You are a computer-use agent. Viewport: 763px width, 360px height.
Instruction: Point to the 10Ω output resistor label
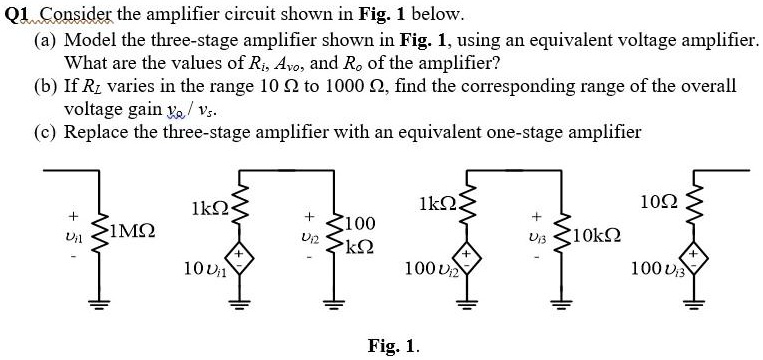(x=667, y=207)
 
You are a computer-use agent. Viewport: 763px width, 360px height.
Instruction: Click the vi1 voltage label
(x=71, y=236)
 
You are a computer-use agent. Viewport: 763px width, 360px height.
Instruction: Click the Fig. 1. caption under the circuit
(x=393, y=346)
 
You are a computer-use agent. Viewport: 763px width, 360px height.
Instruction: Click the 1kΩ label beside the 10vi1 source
(x=206, y=208)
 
